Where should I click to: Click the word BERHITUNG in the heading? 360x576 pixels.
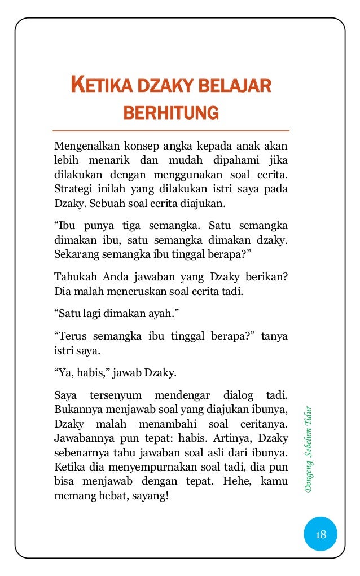click(170, 112)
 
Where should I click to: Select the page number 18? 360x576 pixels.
click(321, 534)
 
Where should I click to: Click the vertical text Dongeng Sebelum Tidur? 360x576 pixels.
click(309, 448)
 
